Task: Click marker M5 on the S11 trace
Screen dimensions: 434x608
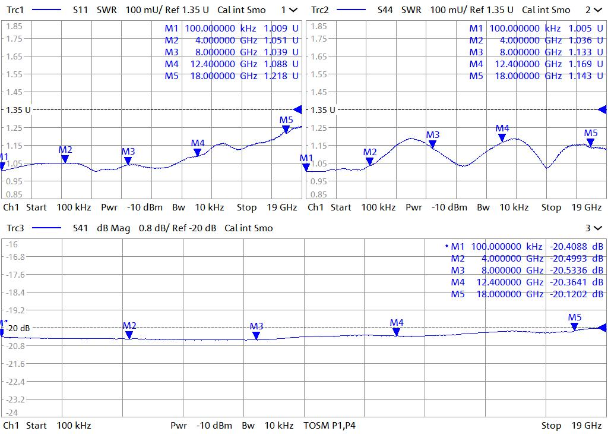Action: coord(286,129)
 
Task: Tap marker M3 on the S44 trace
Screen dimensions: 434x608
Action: coord(433,144)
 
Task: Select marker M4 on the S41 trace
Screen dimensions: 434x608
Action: coord(397,332)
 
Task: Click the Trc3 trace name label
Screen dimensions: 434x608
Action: coord(14,228)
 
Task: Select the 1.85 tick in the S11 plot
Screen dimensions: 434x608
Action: coord(14,27)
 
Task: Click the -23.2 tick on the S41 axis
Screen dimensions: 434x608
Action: coord(15,400)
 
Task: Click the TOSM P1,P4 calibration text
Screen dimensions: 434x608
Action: coord(330,426)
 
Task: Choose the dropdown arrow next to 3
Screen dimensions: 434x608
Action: coord(597,228)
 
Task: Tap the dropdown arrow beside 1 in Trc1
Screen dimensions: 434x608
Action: coord(293,10)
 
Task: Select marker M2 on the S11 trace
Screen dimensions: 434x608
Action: coord(65,159)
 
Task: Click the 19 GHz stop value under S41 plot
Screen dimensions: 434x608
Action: coord(587,426)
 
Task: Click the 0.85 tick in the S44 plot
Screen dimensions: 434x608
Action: coord(319,194)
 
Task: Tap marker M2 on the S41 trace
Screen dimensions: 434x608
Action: coord(129,335)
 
